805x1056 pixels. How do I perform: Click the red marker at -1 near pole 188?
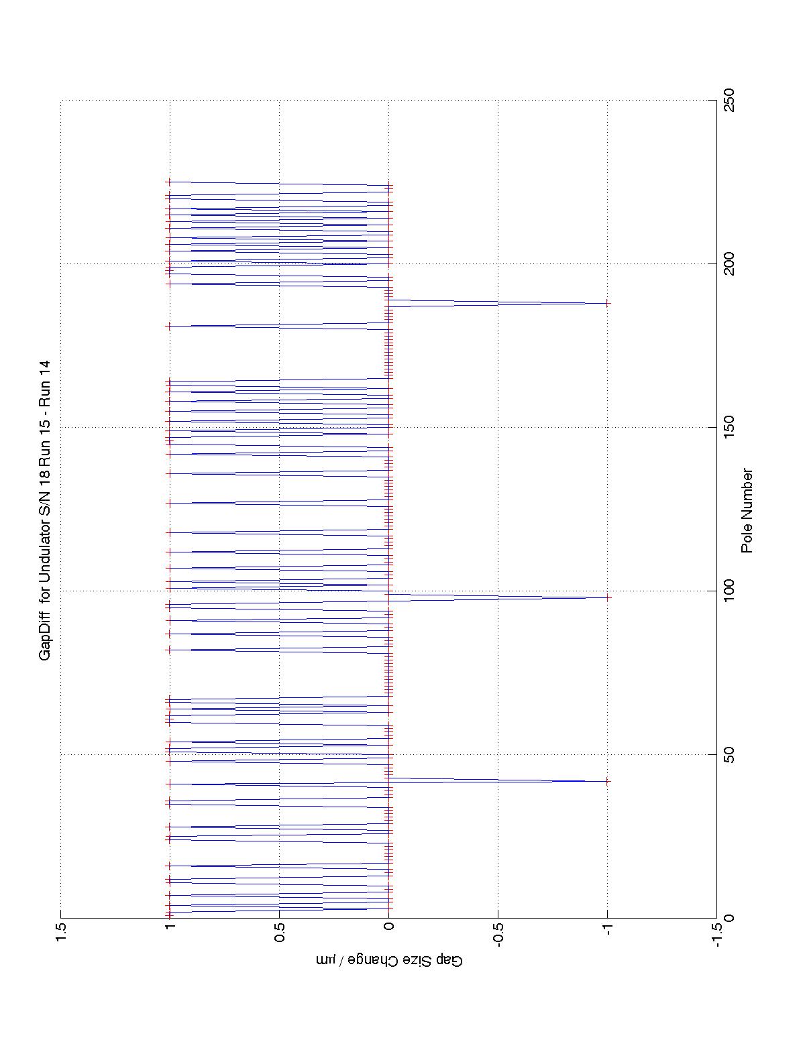pos(607,303)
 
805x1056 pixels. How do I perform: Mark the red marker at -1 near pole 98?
pos(607,597)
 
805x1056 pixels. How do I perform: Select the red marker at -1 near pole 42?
pos(607,781)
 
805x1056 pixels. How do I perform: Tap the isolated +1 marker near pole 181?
pos(169,326)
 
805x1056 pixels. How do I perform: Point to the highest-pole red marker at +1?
pos(169,182)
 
